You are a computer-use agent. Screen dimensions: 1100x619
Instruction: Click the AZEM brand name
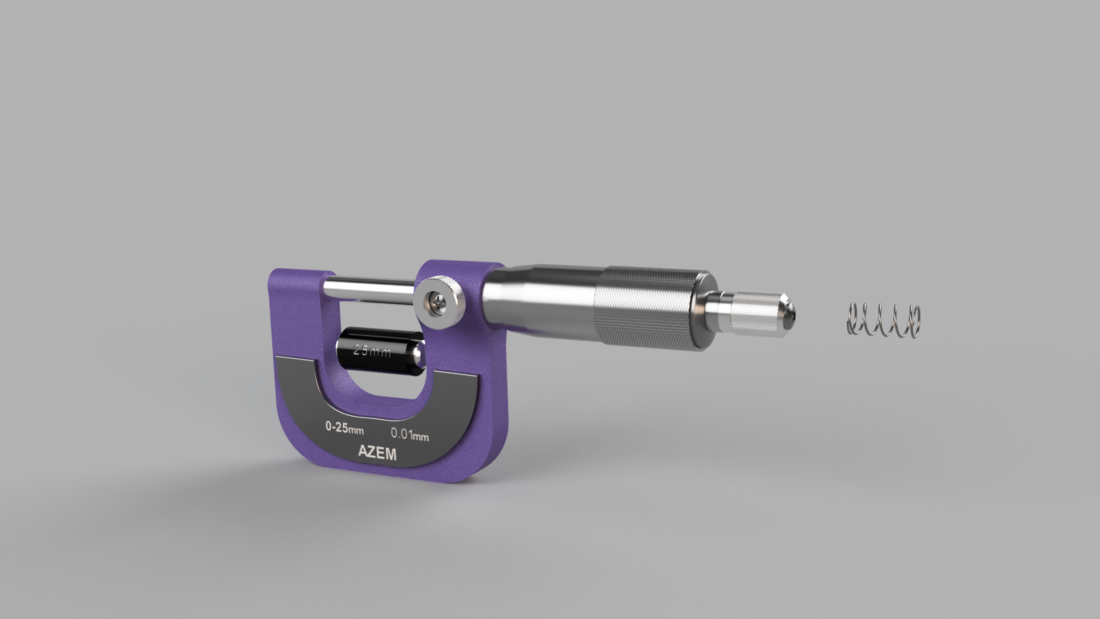tap(377, 453)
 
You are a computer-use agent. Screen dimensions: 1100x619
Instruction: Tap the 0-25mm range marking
tap(344, 428)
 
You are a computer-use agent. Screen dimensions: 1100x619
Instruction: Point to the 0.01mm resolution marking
tap(410, 434)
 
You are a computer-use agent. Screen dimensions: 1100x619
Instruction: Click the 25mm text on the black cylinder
tap(372, 351)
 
